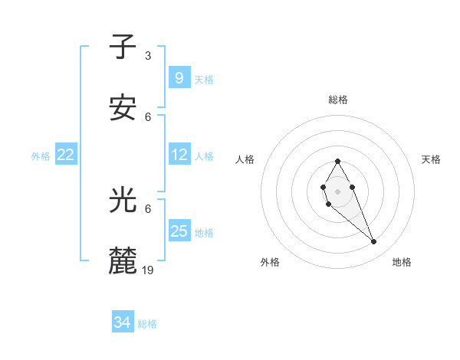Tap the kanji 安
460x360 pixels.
coord(123,109)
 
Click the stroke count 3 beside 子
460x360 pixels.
coord(148,56)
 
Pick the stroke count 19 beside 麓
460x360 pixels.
coord(149,270)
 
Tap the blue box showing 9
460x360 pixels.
coord(179,77)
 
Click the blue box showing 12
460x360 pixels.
coord(179,155)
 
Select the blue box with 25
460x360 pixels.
coord(179,231)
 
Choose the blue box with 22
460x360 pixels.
coord(66,155)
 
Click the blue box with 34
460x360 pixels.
coord(123,322)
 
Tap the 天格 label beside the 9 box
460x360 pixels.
coord(204,79)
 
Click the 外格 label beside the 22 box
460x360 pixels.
coord(41,156)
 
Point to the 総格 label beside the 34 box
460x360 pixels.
coord(147,324)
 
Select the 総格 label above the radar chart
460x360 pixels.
coord(338,100)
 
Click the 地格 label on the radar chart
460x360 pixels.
coord(402,262)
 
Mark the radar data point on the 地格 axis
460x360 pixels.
coord(374,242)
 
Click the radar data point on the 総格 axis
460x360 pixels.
coord(337,161)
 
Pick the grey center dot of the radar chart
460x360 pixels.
coord(337,191)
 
